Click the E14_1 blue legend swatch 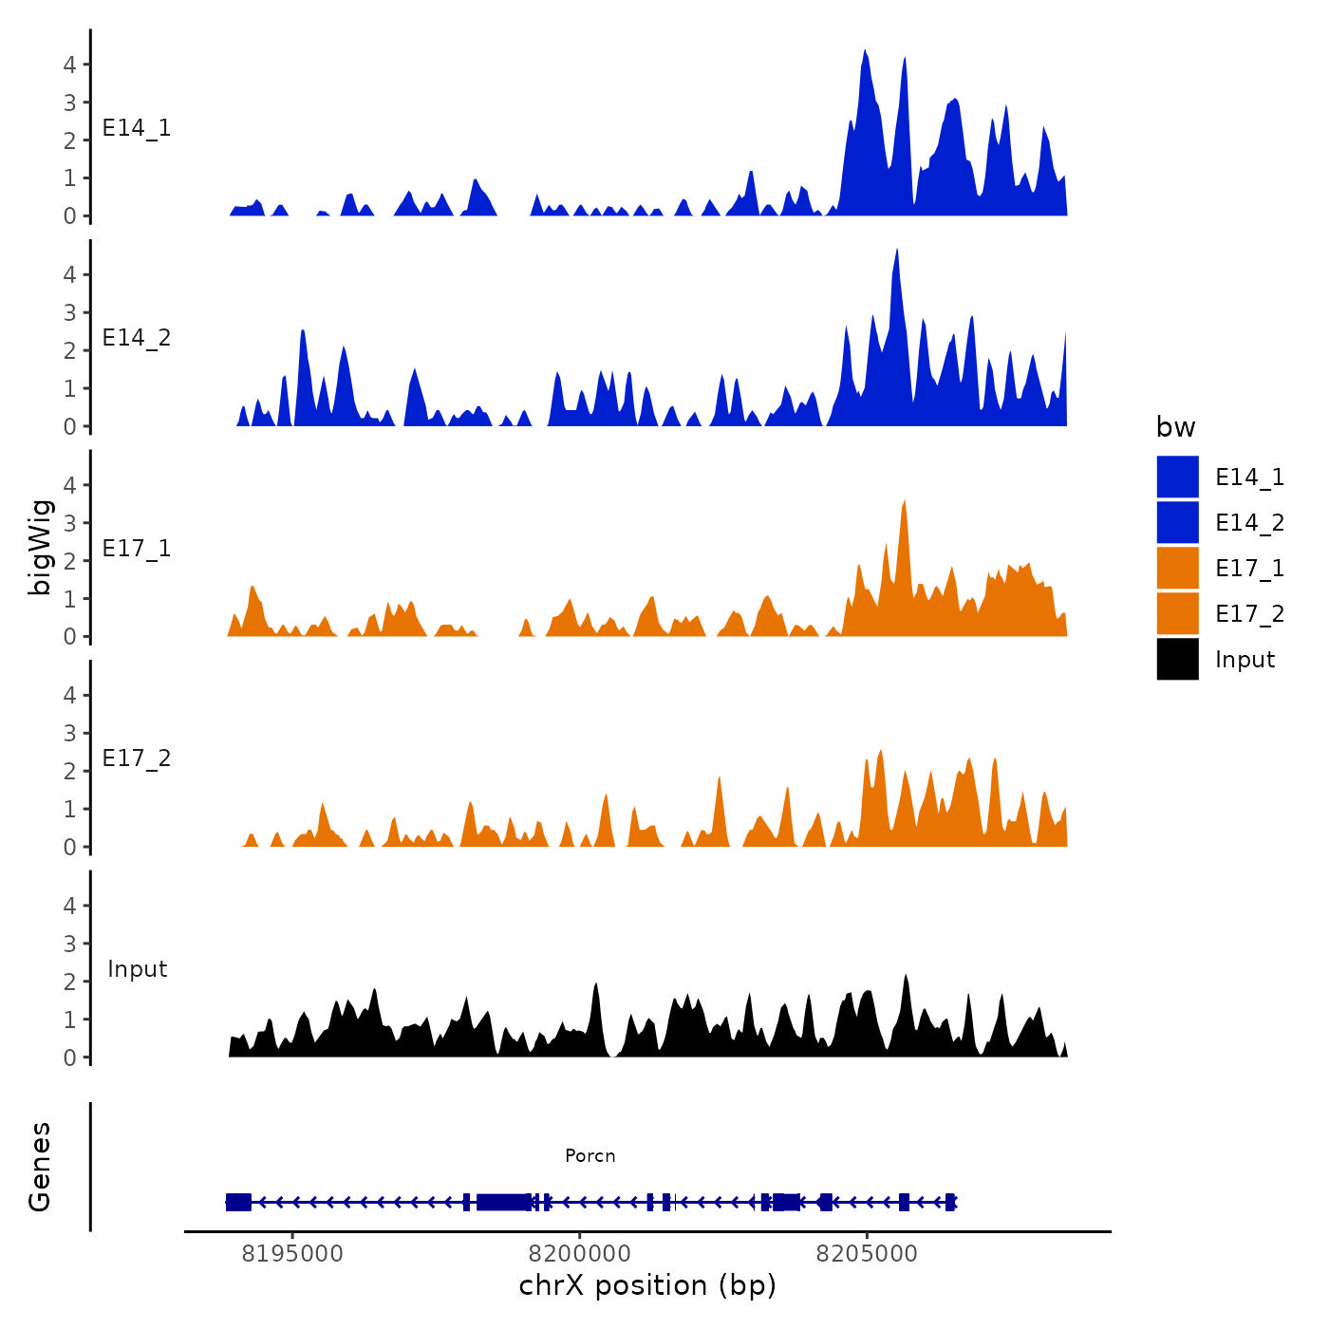point(1177,477)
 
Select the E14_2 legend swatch point(1177,522)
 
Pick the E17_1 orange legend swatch point(1177,568)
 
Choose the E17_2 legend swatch point(1177,613)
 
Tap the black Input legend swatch point(1177,659)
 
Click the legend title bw point(1175,427)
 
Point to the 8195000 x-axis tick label point(292,1253)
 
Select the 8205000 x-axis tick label point(867,1253)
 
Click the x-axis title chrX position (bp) point(647,1285)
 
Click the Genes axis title point(40,1167)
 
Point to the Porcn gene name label point(590,1155)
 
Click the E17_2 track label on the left point(137,758)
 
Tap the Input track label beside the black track point(137,969)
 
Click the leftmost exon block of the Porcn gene point(238,1202)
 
